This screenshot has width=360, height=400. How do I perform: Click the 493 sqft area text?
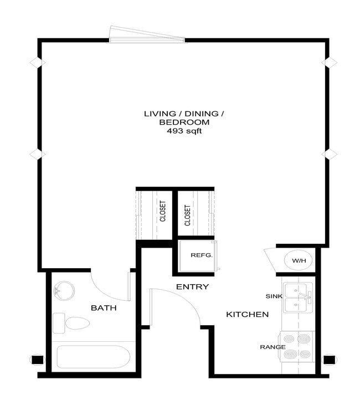point(184,132)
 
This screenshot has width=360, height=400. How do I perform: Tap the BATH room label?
point(104,307)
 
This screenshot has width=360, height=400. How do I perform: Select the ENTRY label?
point(192,287)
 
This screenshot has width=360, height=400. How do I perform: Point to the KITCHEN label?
point(247,315)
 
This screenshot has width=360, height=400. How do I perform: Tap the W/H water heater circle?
point(299,260)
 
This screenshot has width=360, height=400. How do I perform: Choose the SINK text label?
point(274,296)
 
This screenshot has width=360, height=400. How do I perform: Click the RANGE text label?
point(272,347)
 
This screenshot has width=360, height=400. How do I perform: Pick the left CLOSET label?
point(163,211)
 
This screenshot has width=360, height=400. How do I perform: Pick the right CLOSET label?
point(188,215)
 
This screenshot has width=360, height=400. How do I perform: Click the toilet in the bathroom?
point(73,322)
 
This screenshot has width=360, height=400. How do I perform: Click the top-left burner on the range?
point(290,338)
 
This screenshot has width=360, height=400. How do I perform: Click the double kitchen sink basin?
point(298,298)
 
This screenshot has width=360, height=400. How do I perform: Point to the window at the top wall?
point(147,34)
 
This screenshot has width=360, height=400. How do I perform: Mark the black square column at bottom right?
point(330,360)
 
